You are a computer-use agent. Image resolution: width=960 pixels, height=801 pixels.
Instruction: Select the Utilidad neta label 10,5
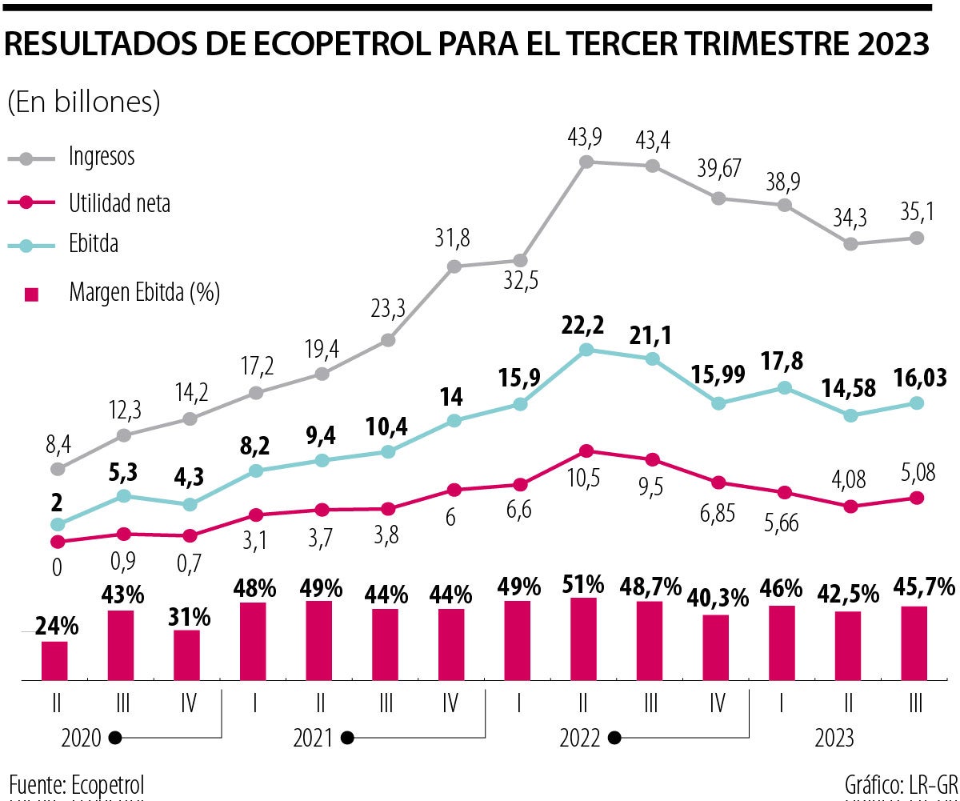[586, 479]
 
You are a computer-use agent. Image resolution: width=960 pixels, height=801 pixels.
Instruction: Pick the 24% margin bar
[55, 660]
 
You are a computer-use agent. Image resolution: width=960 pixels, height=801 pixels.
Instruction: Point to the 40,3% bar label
[717, 597]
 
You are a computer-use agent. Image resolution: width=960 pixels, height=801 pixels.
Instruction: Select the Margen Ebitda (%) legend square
[32, 294]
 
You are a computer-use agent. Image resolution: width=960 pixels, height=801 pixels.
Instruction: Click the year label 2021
[313, 737]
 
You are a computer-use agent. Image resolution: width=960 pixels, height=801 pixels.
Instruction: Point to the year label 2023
[834, 737]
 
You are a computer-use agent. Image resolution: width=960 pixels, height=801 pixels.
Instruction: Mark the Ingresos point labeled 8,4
[57, 469]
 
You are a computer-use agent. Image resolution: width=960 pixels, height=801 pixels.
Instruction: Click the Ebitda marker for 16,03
[918, 403]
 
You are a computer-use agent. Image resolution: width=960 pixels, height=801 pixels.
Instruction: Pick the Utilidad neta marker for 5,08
[918, 498]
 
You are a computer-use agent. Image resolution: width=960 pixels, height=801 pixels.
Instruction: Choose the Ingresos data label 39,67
[718, 169]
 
